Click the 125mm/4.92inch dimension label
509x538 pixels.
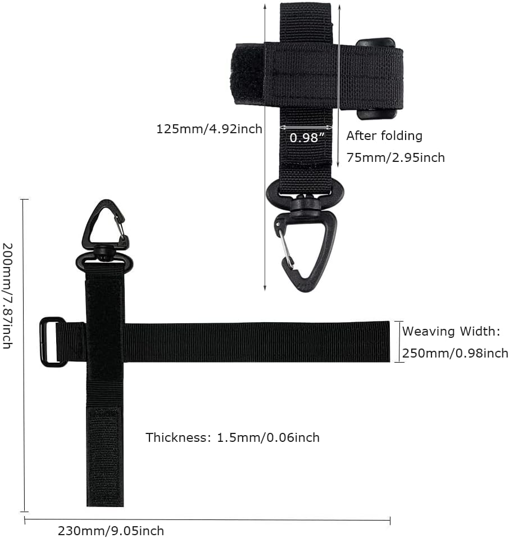coord(209,129)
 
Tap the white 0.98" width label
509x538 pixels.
coord(307,138)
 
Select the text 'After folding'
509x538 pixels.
coord(384,136)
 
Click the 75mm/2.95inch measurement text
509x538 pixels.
coord(396,157)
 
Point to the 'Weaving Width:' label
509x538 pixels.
coord(451,331)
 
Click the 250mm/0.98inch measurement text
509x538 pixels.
coord(455,353)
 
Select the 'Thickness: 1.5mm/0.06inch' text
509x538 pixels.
coord(233,437)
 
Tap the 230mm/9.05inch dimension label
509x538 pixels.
coord(111,531)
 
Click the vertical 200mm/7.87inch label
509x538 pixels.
coord(7,296)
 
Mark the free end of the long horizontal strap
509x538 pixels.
coord(389,341)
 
